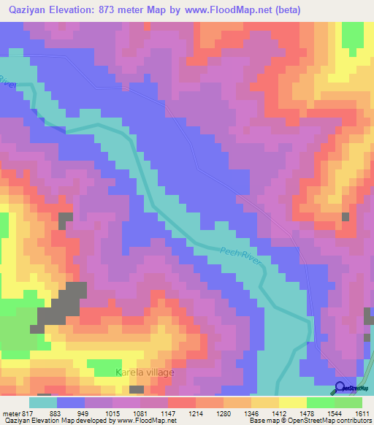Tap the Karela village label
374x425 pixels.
(145, 372)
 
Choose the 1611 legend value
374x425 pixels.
(362, 413)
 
